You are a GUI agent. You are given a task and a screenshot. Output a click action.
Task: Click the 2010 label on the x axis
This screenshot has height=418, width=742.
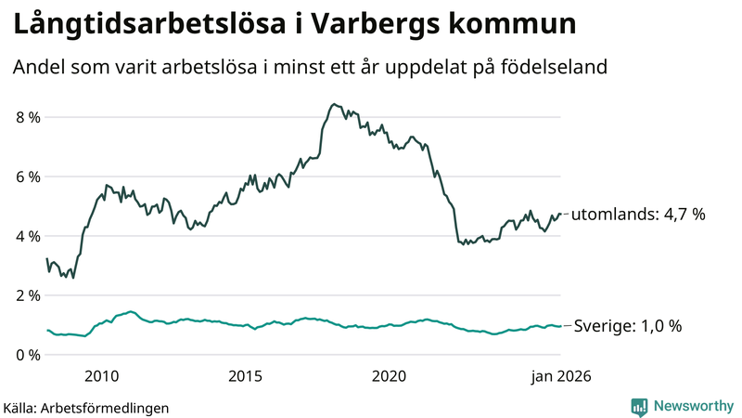[x=101, y=376]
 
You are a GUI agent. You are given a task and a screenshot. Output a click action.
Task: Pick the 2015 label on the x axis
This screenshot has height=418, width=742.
[x=245, y=376]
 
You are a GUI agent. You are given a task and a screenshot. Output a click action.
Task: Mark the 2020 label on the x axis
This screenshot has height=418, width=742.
[x=389, y=376]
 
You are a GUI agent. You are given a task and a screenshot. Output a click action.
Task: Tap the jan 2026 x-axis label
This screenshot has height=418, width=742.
[x=559, y=376]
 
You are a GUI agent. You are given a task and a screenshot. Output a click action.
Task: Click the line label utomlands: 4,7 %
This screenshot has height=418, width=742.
[x=638, y=215]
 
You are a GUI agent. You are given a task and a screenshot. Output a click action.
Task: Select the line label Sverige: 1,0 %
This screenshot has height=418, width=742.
[x=626, y=326]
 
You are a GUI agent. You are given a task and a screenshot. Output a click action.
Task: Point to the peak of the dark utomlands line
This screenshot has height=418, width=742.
[x=333, y=104]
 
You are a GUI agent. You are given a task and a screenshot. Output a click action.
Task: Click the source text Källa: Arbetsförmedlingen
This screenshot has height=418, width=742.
[x=86, y=407]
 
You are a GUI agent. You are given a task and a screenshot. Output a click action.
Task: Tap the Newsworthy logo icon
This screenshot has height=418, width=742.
[x=639, y=406]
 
